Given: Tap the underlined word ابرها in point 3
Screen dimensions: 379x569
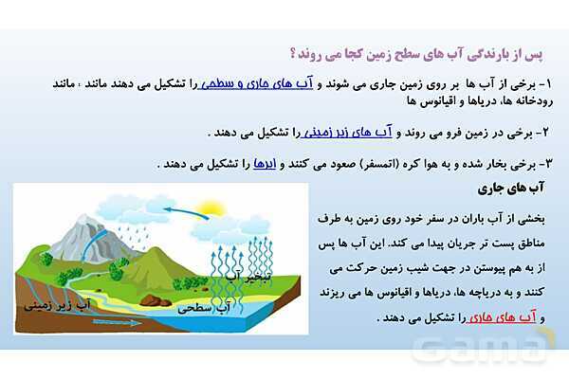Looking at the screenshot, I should pyautogui.click(x=263, y=163).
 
